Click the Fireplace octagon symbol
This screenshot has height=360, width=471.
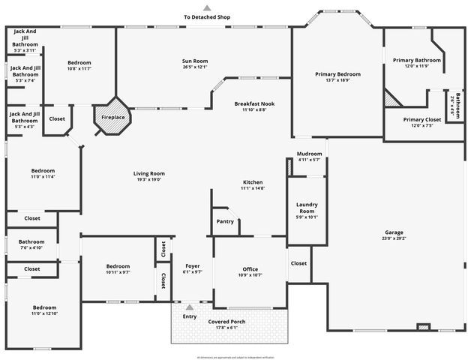113,116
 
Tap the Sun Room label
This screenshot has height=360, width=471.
195,61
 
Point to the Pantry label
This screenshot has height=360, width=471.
225,221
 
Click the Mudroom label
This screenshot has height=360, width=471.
309,154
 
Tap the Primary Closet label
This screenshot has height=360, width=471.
422,119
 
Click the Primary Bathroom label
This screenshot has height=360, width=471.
417,60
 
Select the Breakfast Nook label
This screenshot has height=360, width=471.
254,103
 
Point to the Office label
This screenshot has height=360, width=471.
250,269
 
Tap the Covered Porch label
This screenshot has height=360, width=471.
226,322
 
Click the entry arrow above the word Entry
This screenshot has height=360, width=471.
190,307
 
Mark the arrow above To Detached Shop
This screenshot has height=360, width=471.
207,8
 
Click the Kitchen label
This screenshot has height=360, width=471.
252,183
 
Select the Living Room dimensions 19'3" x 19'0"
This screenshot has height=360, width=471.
149,179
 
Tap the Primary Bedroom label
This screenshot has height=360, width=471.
337,74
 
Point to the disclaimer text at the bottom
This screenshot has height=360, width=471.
235,357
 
